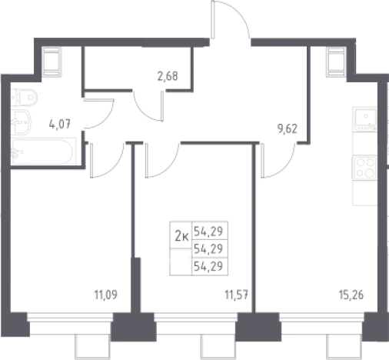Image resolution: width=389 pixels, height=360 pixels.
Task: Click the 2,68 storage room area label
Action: pyautogui.click(x=168, y=76)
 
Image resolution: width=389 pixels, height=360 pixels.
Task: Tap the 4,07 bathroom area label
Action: pyautogui.click(x=60, y=125)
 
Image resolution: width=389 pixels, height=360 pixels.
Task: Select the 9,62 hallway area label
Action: pyautogui.click(x=288, y=128)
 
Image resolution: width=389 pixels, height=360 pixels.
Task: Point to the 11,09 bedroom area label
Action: pyautogui.click(x=106, y=295)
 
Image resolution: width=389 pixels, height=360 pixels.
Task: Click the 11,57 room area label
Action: pyautogui.click(x=237, y=295)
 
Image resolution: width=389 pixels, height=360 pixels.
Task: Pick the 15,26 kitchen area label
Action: pyautogui.click(x=351, y=295)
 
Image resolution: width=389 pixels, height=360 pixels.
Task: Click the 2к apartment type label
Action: pyautogui.click(x=181, y=236)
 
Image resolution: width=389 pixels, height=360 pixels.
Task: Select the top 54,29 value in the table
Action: pyautogui.click(x=208, y=232)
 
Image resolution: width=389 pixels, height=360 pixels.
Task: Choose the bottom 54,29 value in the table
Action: pyautogui.click(x=208, y=267)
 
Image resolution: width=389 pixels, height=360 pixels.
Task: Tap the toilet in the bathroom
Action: pyautogui.click(x=25, y=97)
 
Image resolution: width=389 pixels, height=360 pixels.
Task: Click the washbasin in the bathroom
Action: pyautogui.click(x=21, y=122)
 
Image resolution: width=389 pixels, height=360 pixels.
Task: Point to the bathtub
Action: pyautogui.click(x=44, y=152)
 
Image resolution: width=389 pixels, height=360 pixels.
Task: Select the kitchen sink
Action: pyautogui.click(x=365, y=119)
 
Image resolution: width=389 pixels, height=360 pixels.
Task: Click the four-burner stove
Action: pyautogui.click(x=365, y=168)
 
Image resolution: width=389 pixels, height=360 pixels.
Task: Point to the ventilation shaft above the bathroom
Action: pyautogui.click(x=52, y=62)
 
